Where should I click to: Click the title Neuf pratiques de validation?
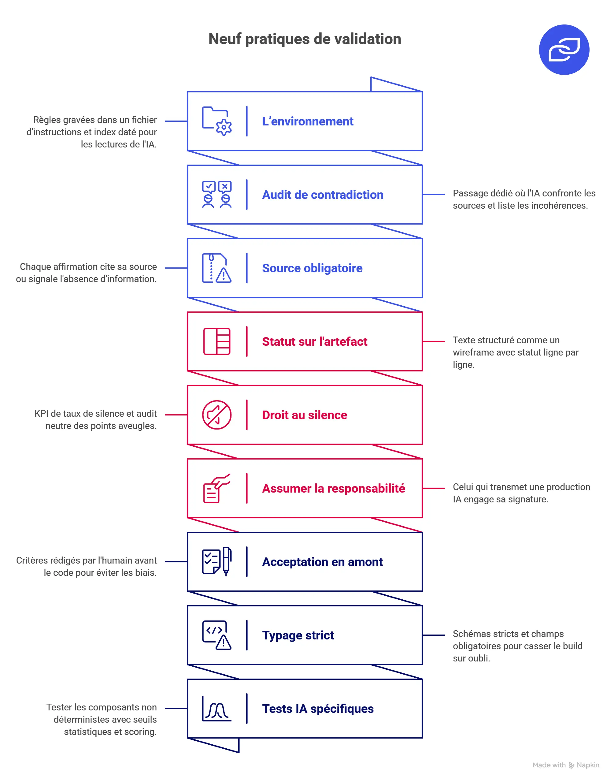click(x=305, y=39)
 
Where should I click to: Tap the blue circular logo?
click(x=564, y=50)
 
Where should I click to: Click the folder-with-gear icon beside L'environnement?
click(x=217, y=121)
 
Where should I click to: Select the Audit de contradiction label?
click(x=323, y=195)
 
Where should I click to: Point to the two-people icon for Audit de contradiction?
click(x=217, y=195)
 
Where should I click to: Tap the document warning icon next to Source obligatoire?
click(x=217, y=268)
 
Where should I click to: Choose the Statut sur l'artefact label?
click(x=315, y=341)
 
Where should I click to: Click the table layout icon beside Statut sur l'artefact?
click(x=217, y=341)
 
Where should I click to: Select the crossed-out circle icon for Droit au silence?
click(x=217, y=415)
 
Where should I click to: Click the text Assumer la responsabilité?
click(x=334, y=488)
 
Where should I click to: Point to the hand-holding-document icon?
click(x=217, y=488)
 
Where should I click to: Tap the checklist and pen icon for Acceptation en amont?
click(x=217, y=561)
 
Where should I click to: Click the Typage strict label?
click(x=298, y=635)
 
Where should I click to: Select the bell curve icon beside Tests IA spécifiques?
click(x=217, y=709)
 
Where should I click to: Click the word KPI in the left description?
click(x=41, y=414)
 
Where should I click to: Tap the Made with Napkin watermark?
click(x=566, y=765)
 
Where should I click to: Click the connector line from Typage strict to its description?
click(x=434, y=635)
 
